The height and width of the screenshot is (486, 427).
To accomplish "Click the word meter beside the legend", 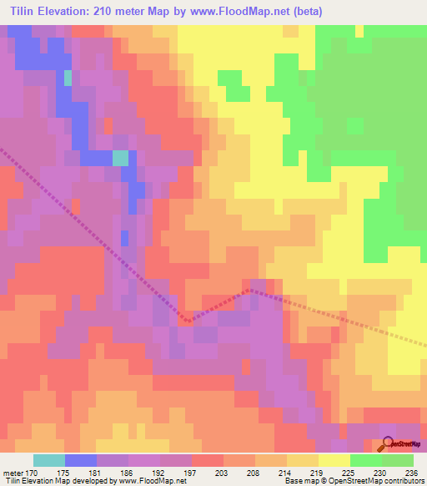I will [13, 472].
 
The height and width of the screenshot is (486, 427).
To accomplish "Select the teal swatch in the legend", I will [49, 460].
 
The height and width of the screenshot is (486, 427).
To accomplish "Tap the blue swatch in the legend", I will [81, 460].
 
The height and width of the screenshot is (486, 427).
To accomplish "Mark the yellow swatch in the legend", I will [334, 460].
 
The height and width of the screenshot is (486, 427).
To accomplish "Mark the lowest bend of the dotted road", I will [188, 320].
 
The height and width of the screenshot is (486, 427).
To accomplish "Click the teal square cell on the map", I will [121, 158].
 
